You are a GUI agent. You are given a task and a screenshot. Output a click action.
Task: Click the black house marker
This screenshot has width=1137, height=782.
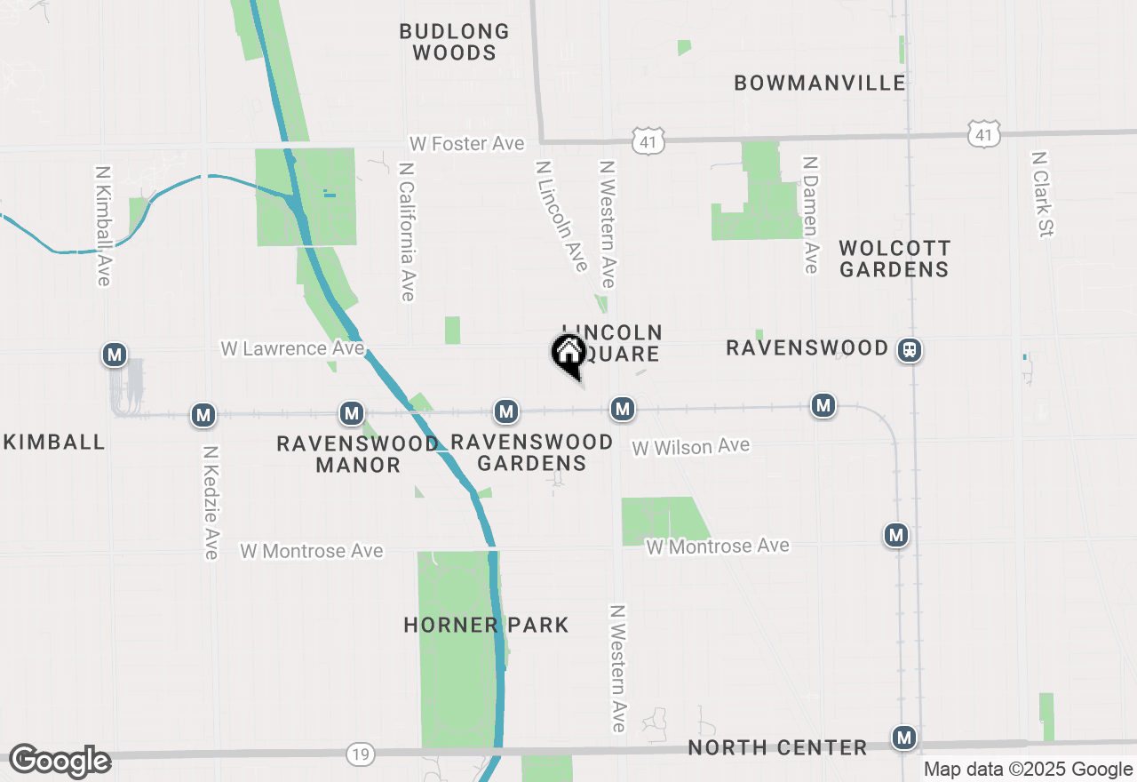(x=568, y=354)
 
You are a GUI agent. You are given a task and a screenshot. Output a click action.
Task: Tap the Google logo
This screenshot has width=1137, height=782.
(x=60, y=762)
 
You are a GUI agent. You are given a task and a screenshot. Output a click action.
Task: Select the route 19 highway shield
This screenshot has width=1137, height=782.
(x=360, y=754)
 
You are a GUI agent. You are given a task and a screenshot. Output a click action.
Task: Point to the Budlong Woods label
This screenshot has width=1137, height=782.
(x=454, y=42)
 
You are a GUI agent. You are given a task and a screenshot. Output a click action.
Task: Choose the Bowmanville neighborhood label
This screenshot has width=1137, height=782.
(x=820, y=83)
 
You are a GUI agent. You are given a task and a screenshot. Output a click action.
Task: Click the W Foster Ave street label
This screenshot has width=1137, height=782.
(x=466, y=143)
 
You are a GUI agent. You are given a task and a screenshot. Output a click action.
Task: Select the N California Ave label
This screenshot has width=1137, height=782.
(x=407, y=231)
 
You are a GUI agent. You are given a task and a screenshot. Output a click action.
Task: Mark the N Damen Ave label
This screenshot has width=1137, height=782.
(x=809, y=215)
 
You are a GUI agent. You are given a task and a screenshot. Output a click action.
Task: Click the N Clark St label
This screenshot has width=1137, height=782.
(x=1041, y=194)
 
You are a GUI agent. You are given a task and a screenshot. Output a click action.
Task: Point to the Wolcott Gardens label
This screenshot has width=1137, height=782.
(x=894, y=259)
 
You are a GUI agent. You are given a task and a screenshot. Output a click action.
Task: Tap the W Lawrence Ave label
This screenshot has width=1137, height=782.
(x=292, y=348)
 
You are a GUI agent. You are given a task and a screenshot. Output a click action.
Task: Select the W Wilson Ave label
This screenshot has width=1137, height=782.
(x=690, y=446)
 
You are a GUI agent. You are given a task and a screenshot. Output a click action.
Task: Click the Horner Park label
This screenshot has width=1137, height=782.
(x=486, y=625)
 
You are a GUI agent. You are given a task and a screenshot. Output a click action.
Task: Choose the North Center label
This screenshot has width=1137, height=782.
(x=777, y=747)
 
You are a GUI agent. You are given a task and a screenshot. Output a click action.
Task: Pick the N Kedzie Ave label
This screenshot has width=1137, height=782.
(x=211, y=502)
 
